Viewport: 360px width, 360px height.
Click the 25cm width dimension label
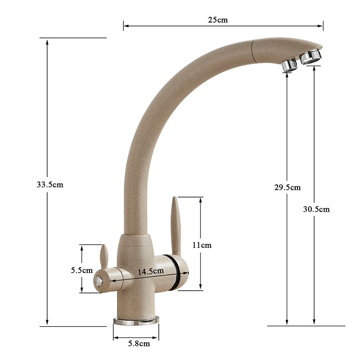pyautogui.click(x=218, y=20)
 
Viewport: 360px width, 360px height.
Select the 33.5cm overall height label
pyautogui.click(x=50, y=184)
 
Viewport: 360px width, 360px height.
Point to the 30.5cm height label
pyautogui.click(x=316, y=209)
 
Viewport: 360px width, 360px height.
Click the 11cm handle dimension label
pyautogui.click(x=201, y=245)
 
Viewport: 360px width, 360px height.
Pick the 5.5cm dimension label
pyautogui.click(x=81, y=270)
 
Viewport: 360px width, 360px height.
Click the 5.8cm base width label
pyautogui.click(x=137, y=344)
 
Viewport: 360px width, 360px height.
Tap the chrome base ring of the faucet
pyautogui.click(x=136, y=320)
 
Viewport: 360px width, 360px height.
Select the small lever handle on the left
pyautogui.click(x=103, y=256)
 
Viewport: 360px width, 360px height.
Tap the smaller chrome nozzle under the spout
pyautogui.click(x=289, y=66)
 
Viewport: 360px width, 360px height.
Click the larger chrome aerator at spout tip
pyautogui.click(x=311, y=56)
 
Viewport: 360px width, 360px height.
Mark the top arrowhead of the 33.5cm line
pyautogui.click(x=47, y=41)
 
